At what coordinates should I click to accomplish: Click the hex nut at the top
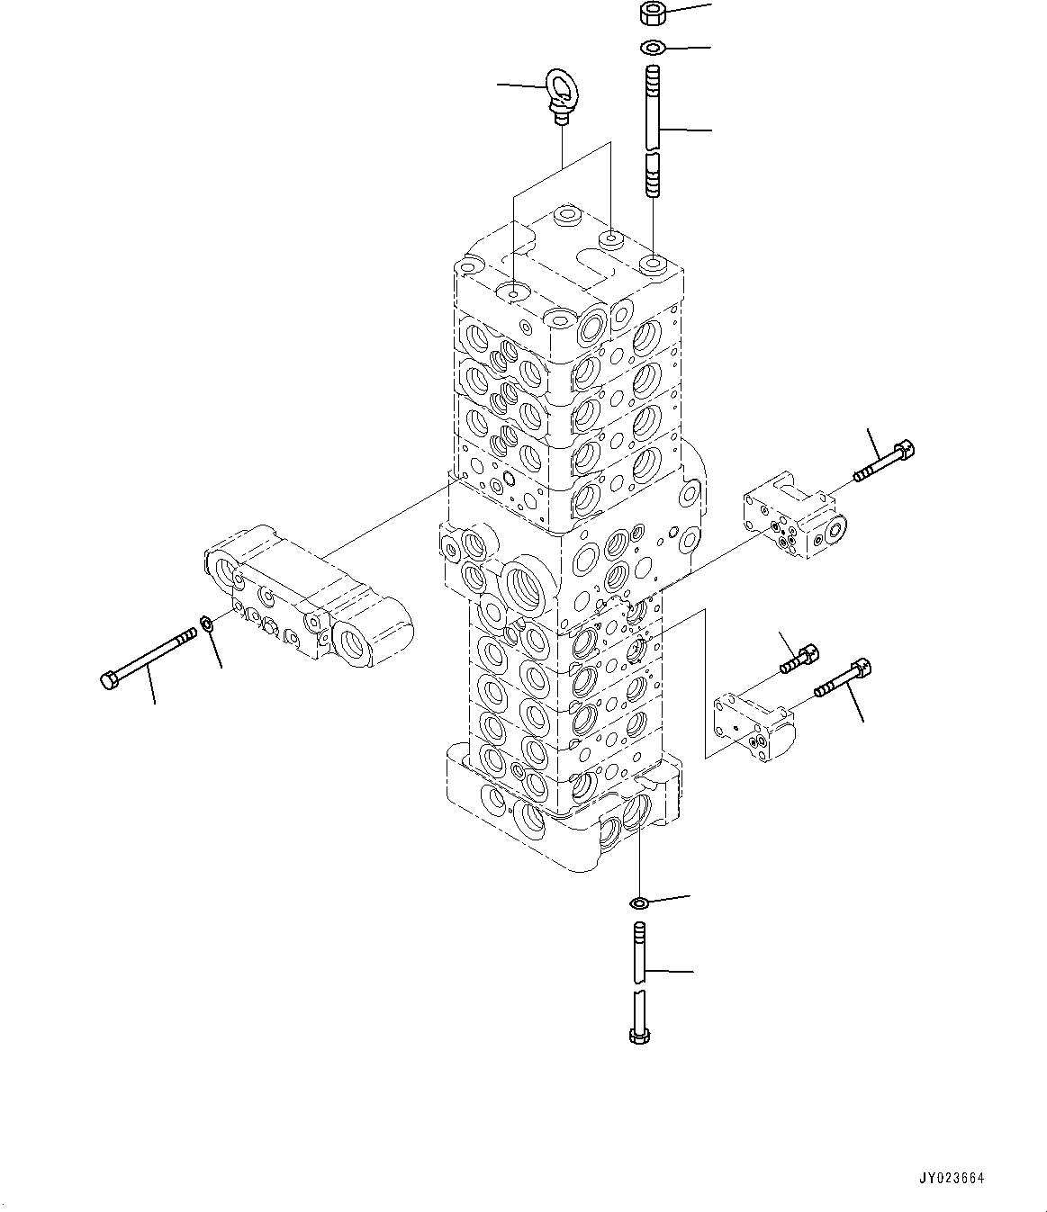[651, 13]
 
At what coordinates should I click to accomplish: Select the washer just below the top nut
[652, 47]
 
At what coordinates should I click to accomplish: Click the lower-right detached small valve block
[752, 723]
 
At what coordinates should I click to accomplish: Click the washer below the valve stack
[638, 902]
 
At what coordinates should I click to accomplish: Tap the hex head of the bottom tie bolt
[638, 1036]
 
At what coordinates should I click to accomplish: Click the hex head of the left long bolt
[109, 681]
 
